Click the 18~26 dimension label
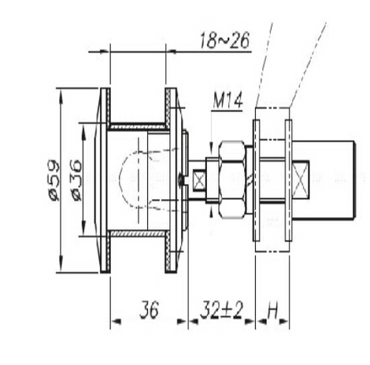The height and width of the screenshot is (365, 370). tap(224, 40)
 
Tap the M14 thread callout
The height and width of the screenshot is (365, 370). tap(228, 100)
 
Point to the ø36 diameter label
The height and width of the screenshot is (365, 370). tap(76, 181)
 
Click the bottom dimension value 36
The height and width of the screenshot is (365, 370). tap(150, 309)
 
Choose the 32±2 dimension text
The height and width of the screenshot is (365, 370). tap(222, 309)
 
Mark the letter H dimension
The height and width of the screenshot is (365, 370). tap(272, 312)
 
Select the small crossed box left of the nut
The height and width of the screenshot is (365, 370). tap(200, 180)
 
